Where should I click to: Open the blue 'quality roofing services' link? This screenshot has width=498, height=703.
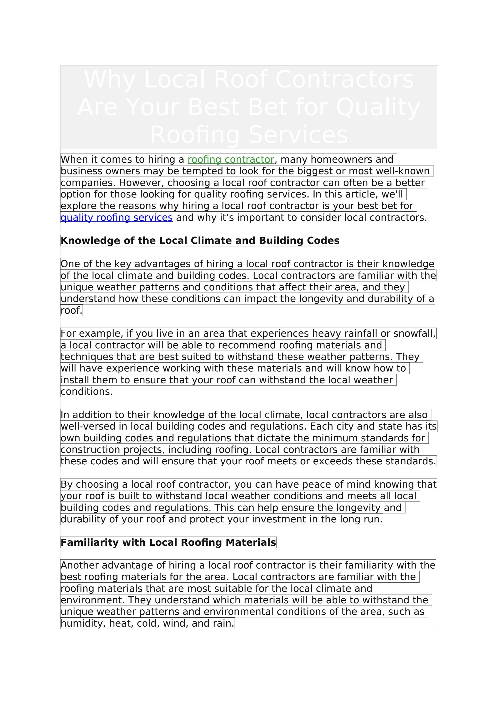click(117, 217)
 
